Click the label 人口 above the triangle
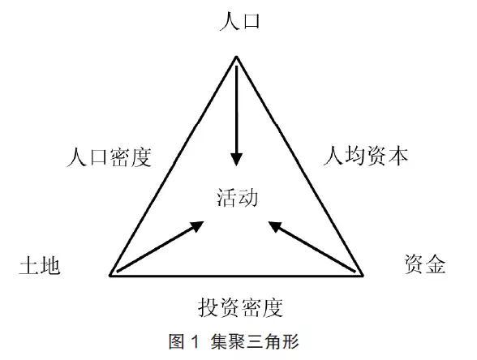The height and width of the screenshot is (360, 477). click(239, 21)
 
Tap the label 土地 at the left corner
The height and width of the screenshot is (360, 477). click(40, 265)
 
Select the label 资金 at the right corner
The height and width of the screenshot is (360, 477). click(425, 264)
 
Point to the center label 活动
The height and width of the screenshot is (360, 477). click(237, 198)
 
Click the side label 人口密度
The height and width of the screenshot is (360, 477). click(110, 157)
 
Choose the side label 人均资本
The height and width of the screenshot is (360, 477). click(366, 156)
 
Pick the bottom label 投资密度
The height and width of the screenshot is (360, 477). click(241, 307)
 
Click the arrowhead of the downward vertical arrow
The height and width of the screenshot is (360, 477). click(236, 159)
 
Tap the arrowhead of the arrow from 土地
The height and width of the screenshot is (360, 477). click(197, 226)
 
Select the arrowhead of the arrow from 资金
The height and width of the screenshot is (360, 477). click(275, 226)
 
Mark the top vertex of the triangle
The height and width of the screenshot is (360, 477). click(236, 56)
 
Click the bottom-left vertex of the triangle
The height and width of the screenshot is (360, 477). click(110, 276)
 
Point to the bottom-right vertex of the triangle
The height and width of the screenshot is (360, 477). click(363, 276)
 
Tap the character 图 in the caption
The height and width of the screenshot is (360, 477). click(177, 341)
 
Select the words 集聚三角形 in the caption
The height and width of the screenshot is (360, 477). click(255, 341)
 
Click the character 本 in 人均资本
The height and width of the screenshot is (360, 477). click(398, 156)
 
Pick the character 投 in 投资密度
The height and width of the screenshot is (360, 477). click(208, 307)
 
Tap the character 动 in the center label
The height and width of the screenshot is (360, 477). click(248, 198)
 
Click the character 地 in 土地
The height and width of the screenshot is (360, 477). click(50, 265)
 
